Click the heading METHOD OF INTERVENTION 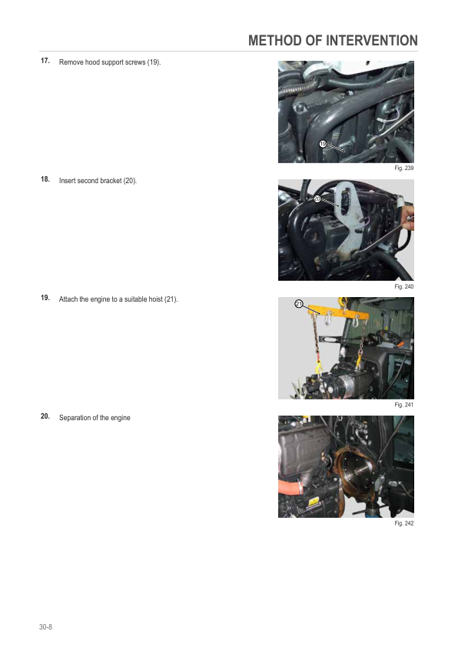coord(333,41)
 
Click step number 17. coord(45,61)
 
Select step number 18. coord(45,179)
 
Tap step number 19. coord(45,298)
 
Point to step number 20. coord(45,416)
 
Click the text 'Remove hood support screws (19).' coord(110,62)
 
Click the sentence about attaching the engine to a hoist coord(118,299)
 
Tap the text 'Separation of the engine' coord(95,417)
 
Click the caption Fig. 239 coord(403,168)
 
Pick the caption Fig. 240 coord(403,286)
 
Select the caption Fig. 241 coord(403,404)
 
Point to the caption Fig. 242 coord(403,523)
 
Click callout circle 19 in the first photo coord(324,143)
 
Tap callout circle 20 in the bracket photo coord(317,199)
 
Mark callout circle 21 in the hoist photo coord(299,305)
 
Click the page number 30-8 coord(46,628)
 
